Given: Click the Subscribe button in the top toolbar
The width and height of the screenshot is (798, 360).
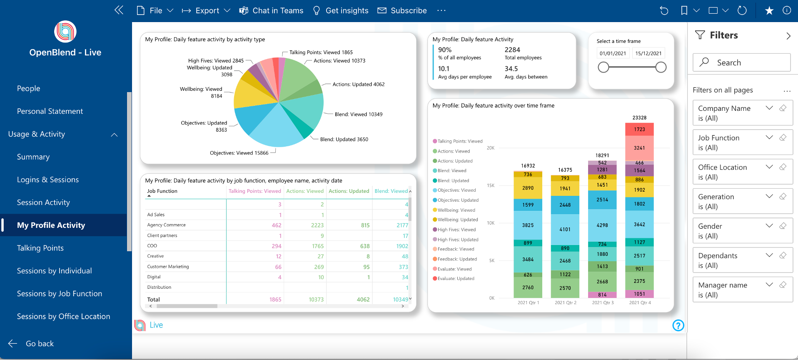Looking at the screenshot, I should [x=402, y=10].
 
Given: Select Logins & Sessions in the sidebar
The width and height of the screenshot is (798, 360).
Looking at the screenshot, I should [x=48, y=180].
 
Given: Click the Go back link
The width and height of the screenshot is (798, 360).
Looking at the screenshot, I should [x=40, y=344].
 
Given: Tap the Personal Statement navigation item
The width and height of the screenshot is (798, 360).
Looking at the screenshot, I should [x=50, y=111].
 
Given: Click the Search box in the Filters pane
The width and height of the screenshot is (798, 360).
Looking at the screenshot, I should [x=741, y=62].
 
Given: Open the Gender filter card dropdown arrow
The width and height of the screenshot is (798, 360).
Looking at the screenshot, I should [x=769, y=226].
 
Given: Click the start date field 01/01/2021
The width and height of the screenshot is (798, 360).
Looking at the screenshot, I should [x=613, y=53].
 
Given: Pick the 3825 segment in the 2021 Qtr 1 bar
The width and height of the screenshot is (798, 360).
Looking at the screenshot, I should [x=528, y=225].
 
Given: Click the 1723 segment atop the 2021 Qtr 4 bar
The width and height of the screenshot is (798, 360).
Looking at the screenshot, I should [x=639, y=129].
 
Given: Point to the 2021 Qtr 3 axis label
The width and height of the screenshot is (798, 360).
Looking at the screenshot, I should [x=603, y=303].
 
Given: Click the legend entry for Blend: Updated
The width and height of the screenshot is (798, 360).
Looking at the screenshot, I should [x=453, y=181].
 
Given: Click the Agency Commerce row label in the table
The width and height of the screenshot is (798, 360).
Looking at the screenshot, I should [x=167, y=225].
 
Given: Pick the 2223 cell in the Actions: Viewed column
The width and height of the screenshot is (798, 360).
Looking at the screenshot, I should [x=317, y=225].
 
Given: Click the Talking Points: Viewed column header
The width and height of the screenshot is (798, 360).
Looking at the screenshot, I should [x=255, y=191].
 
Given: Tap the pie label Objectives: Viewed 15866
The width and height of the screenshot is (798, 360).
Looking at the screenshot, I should [x=239, y=153].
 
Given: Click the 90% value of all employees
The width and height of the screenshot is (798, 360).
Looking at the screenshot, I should [x=445, y=50].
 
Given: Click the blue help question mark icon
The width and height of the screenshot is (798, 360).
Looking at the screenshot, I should [x=678, y=325].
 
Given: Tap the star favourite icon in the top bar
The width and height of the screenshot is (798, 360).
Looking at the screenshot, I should [x=769, y=11].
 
